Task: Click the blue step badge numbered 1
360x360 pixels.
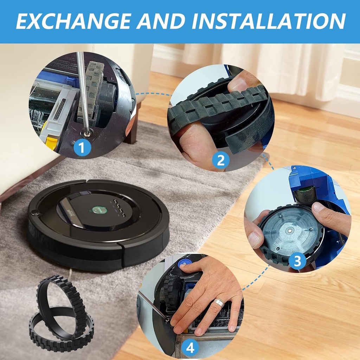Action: click(x=82, y=148)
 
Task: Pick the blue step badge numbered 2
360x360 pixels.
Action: click(x=220, y=161)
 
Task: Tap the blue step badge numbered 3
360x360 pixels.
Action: click(x=297, y=262)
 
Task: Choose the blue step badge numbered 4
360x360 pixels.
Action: click(x=190, y=348)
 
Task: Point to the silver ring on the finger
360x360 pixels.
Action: click(x=219, y=302)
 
